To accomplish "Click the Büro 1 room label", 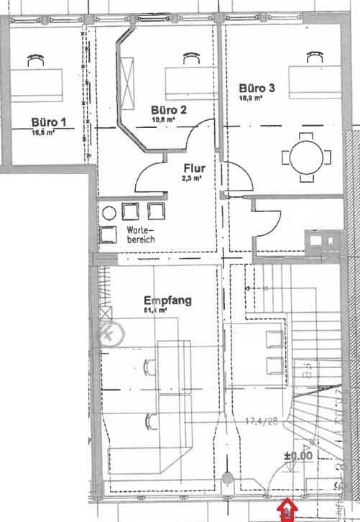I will (49, 122).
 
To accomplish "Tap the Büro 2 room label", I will (169, 110).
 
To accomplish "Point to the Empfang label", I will (167, 301).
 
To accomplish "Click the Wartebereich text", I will (139, 234).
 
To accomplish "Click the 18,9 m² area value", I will (251, 99).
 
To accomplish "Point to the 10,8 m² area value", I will (163, 120).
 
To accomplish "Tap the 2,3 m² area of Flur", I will (192, 178).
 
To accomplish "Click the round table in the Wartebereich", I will (109, 213).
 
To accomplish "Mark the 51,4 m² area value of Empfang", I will (155, 311).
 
